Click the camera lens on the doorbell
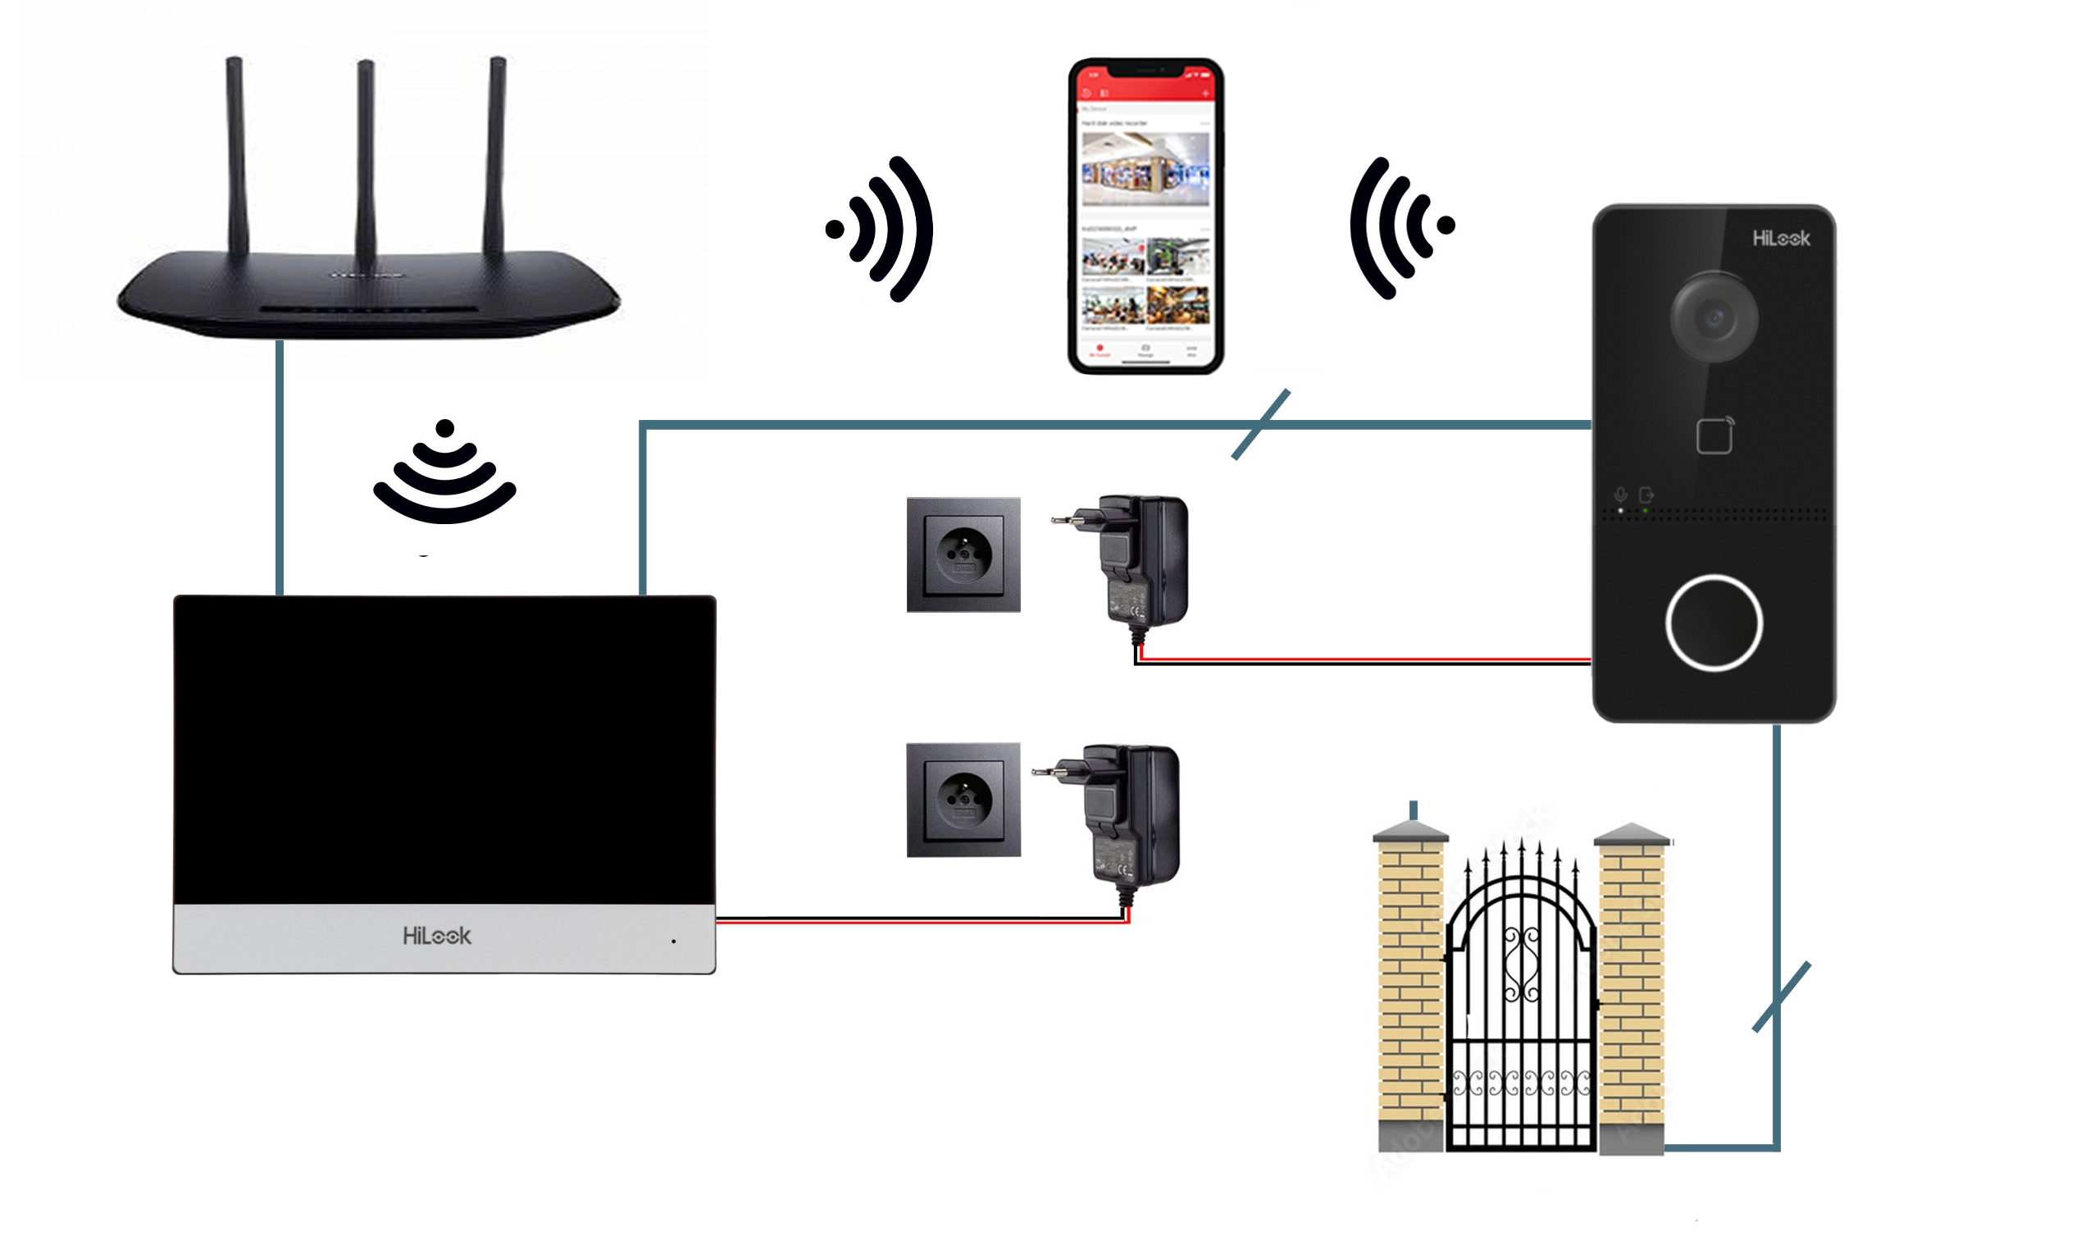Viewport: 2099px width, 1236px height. [x=1714, y=317]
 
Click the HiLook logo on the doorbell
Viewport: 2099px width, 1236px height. [x=1781, y=239]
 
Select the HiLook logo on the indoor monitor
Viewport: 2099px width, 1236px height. [x=436, y=936]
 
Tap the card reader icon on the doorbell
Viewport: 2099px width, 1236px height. [x=1714, y=436]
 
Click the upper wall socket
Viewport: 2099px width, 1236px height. [x=963, y=554]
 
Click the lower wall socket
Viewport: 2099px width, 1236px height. [x=963, y=800]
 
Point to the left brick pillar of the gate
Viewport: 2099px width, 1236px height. [x=1410, y=992]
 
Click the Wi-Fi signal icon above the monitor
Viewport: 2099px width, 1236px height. [x=444, y=475]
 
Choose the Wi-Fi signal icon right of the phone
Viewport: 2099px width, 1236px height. [x=1400, y=226]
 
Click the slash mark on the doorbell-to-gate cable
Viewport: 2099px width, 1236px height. [x=1781, y=997]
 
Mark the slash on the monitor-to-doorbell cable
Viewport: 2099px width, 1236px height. [x=1260, y=424]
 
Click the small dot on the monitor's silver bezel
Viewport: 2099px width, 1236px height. [x=673, y=942]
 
